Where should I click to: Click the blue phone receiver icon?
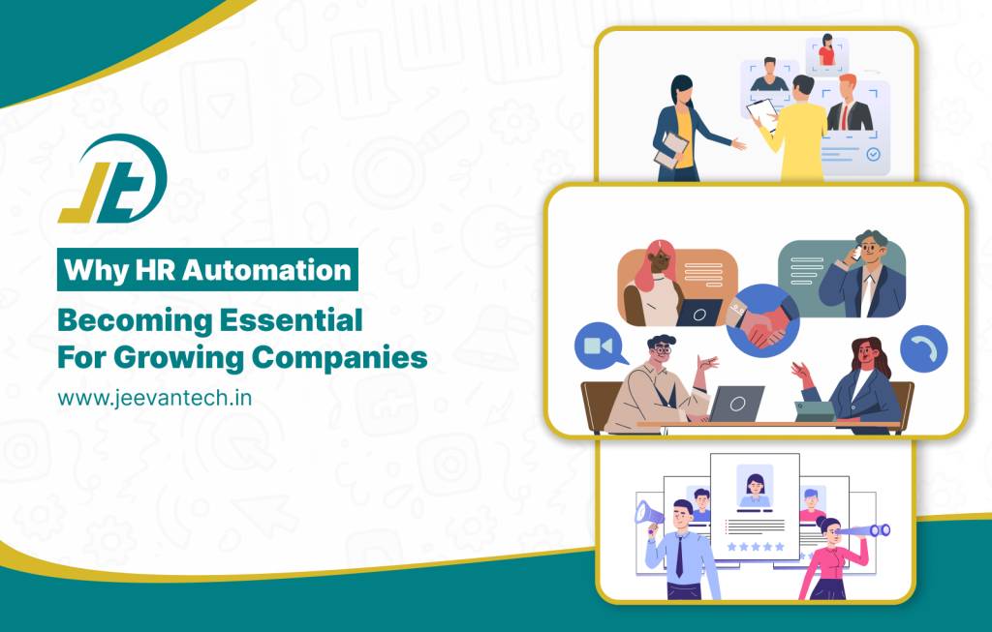(923, 349)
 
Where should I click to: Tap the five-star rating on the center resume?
(756, 546)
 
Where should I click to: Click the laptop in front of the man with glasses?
(733, 403)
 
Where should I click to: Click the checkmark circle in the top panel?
(873, 154)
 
